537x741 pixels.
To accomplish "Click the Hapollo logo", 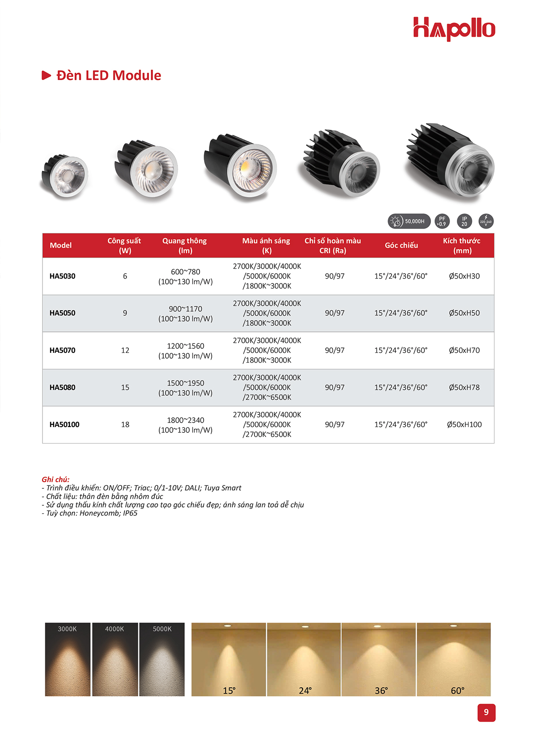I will pos(454,29).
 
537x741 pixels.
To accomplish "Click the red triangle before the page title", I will pos(46,75).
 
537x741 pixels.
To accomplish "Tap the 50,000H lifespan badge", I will pos(409,221).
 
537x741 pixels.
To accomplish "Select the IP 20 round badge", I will pos(464,221).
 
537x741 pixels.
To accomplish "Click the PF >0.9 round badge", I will pos(442,221).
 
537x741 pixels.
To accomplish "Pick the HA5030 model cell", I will pos(63,276).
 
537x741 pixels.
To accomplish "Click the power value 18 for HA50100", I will pos(125,424).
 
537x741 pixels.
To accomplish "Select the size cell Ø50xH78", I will pos(464,387).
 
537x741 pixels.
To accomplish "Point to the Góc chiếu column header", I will pos(401,245).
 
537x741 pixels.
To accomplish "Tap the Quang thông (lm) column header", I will pos(185,246).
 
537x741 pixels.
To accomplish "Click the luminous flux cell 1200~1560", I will pos(185,346).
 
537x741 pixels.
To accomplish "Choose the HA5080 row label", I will pos(63,387).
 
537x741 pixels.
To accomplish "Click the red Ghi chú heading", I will pos(55,479).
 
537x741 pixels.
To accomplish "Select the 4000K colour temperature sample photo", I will pos(115,660).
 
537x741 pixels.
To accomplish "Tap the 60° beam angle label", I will pos(457,690).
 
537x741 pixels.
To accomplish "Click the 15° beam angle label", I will pos(229,690).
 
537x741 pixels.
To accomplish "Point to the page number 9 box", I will pos(486,712).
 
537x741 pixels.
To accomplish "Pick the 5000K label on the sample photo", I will pos(162,629).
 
